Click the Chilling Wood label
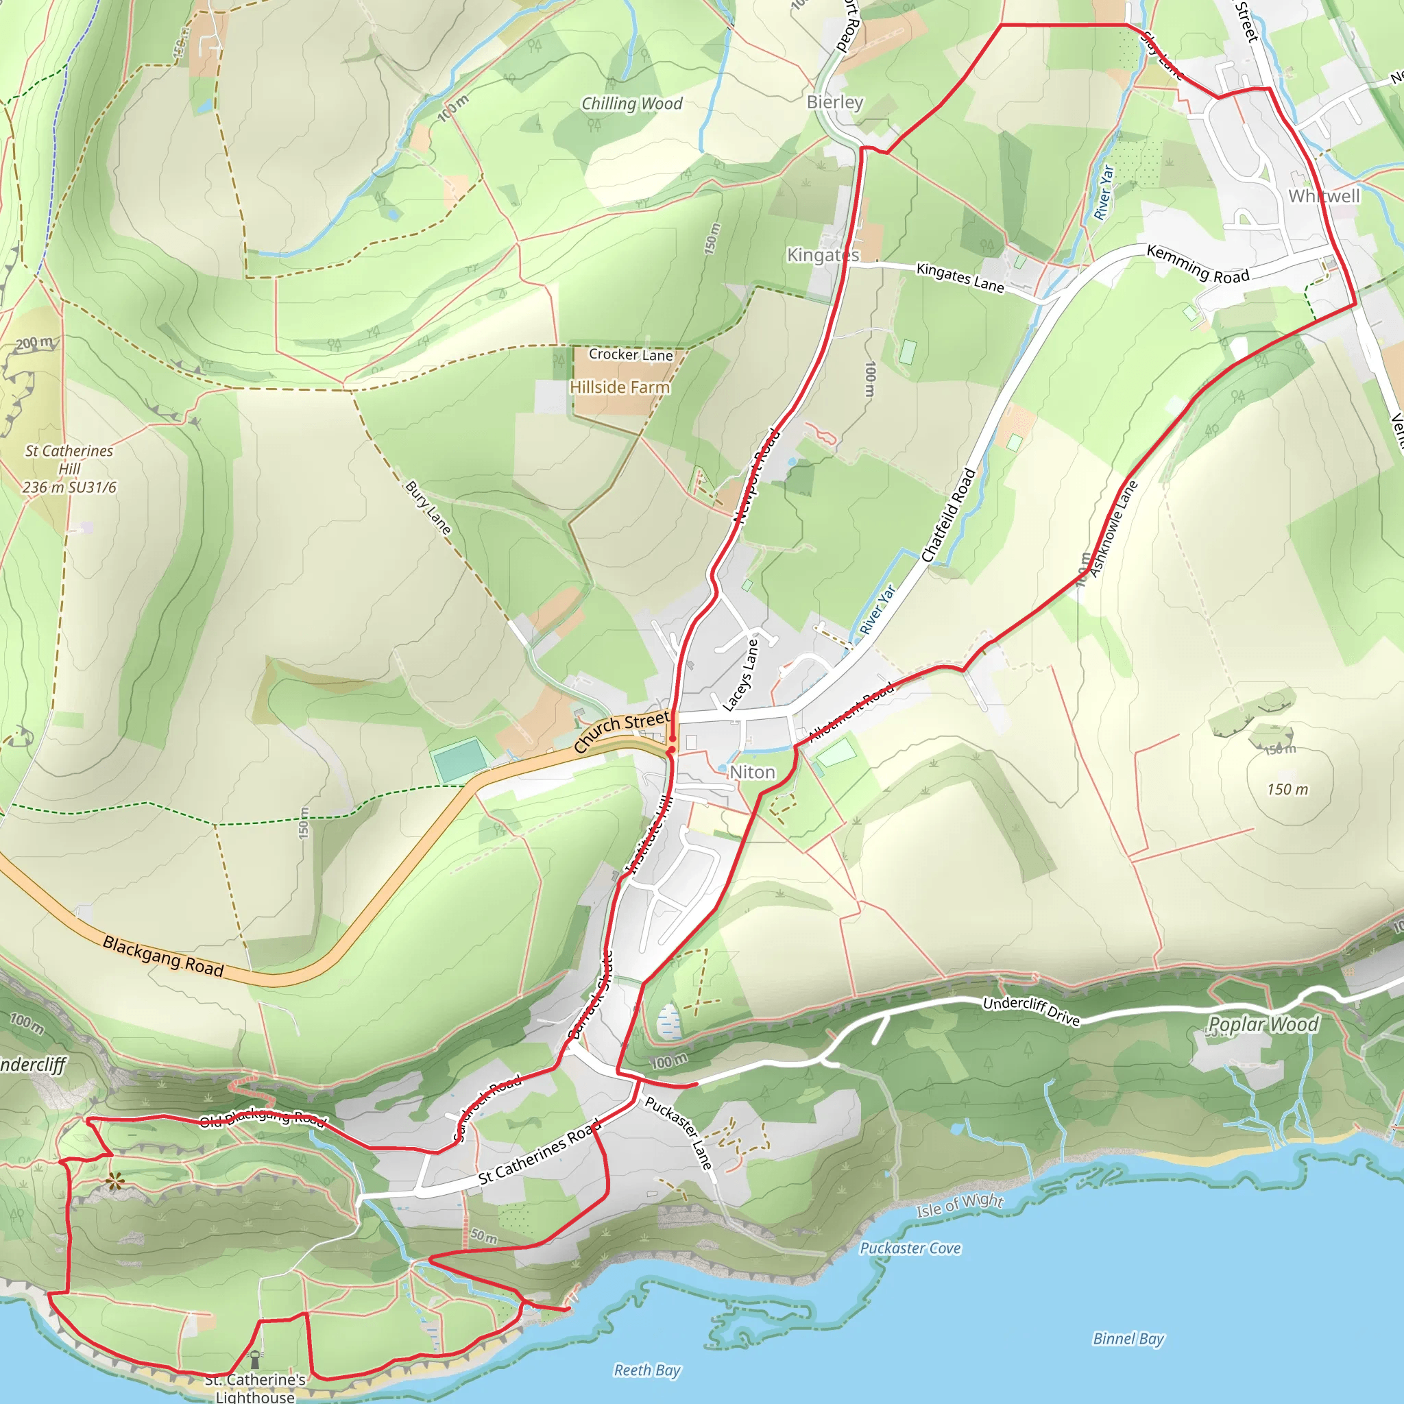point(631,104)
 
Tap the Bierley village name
point(835,102)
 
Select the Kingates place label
point(823,255)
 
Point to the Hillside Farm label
point(619,387)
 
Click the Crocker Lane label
point(630,354)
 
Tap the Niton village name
point(752,773)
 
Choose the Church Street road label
point(621,731)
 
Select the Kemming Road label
point(1198,264)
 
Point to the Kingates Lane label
point(960,278)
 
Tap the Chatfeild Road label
point(948,516)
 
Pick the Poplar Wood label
point(1263,1025)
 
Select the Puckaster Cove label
point(910,1248)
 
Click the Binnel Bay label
point(1128,1340)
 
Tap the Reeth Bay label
point(646,1370)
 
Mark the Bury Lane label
point(428,507)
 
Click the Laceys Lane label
point(740,675)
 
